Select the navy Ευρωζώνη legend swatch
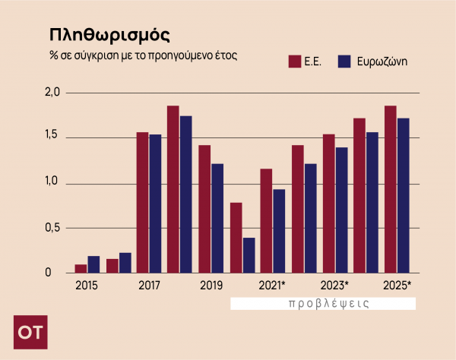[343, 62]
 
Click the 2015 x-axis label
[86, 286]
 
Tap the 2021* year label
[271, 286]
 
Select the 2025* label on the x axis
[397, 286]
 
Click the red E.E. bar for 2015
[81, 269]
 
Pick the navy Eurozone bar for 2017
[155, 204]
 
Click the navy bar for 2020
[249, 255]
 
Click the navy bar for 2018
[186, 194]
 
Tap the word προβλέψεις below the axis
[329, 303]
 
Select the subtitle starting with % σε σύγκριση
[144, 56]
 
